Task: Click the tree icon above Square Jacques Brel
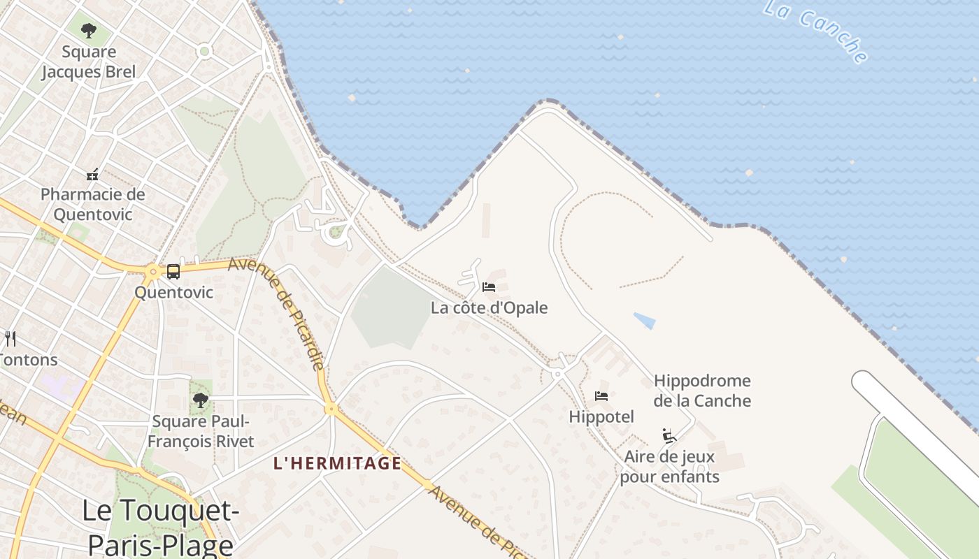coord(88,31)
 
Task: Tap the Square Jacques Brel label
coord(88,61)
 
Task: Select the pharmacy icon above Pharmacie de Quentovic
coord(92,175)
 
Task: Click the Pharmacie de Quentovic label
coord(92,204)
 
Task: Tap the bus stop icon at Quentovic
coord(173,272)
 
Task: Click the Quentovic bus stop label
coord(173,292)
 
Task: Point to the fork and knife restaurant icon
coord(10,339)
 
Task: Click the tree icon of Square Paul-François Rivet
coord(201,400)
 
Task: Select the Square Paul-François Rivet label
coord(201,431)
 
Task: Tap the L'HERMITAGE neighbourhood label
coord(338,463)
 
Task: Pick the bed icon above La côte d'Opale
coord(489,287)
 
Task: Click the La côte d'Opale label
coord(489,307)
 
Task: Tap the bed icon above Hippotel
coord(601,396)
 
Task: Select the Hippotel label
coord(601,416)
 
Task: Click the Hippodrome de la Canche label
coord(702,391)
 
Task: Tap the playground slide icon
coord(669,436)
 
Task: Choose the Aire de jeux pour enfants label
coord(669,467)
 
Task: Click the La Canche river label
coord(815,31)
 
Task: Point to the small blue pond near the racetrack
coord(645,321)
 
